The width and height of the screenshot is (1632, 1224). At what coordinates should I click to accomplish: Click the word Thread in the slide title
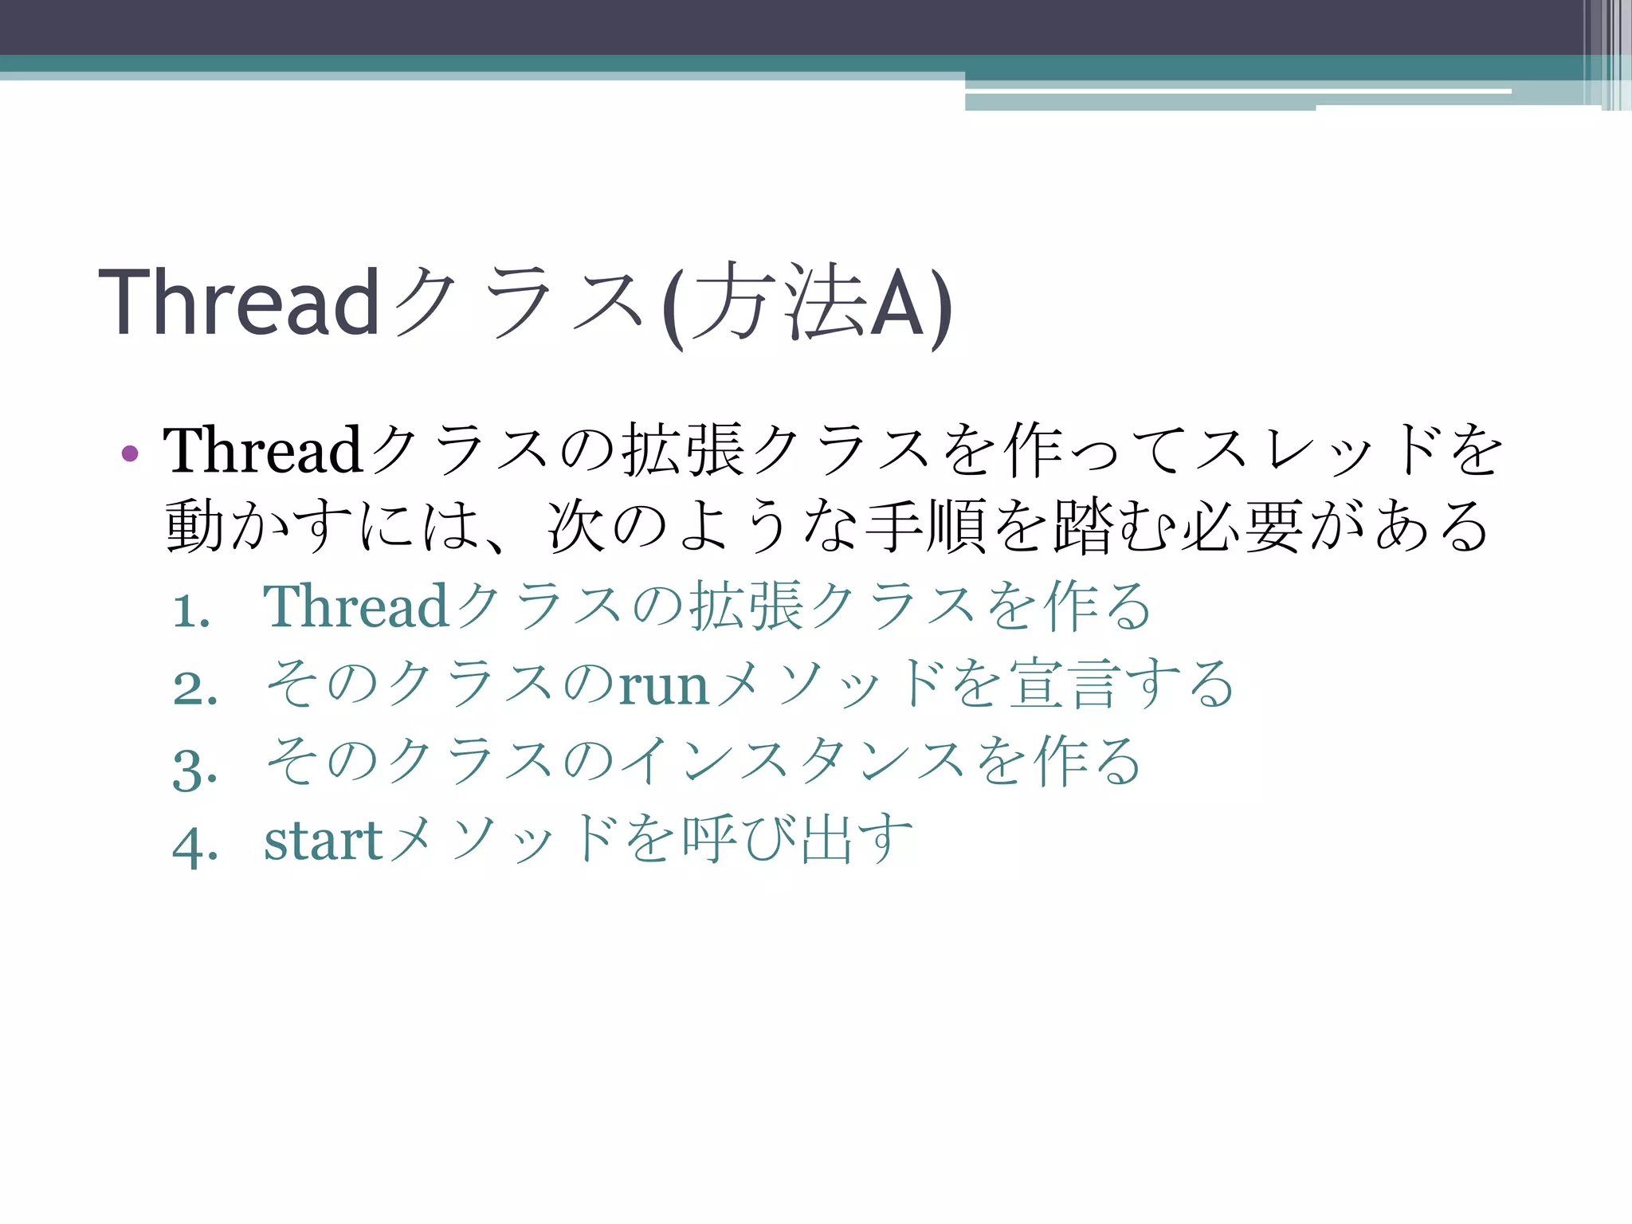coord(237,303)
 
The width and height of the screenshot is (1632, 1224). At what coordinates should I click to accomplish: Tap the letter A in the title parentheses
coord(897,303)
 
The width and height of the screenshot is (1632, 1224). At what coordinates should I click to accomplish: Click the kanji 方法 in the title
coord(779,303)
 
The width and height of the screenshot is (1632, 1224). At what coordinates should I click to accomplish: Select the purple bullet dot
coord(130,454)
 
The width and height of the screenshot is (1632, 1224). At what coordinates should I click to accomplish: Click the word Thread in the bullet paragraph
coord(263,450)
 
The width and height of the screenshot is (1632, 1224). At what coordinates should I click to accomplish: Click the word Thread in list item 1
coord(356,606)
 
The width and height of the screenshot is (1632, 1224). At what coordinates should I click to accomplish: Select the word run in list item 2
coord(664,685)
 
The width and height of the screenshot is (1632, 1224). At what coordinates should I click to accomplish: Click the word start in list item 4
coord(323,841)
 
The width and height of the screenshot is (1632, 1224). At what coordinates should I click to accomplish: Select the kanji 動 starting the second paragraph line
coord(194,527)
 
